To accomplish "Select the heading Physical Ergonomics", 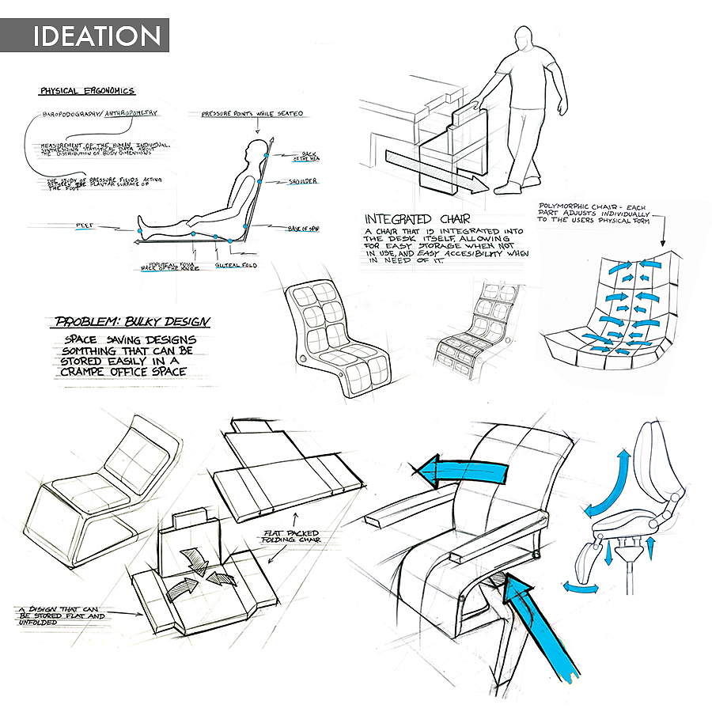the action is click(87, 91).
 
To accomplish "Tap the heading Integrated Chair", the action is click(409, 218).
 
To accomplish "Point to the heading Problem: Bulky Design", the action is click(133, 322).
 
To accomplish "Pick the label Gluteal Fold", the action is click(236, 267).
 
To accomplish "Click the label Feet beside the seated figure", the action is click(85, 225).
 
